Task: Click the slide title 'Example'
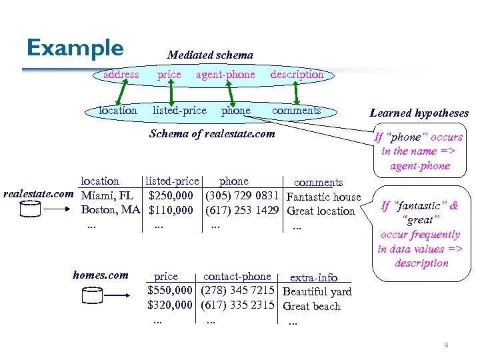[75, 48]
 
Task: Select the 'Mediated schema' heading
[210, 55]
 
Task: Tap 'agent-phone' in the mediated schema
[225, 75]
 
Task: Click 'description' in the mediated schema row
[297, 75]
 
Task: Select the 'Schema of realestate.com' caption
[212, 133]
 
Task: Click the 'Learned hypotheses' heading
[419, 113]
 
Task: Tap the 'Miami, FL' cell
[107, 196]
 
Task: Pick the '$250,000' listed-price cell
[171, 196]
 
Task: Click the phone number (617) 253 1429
[242, 211]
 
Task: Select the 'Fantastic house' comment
[323, 197]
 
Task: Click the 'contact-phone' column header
[237, 277]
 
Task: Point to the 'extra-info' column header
[313, 277]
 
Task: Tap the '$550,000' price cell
[170, 291]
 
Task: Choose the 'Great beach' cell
[311, 307]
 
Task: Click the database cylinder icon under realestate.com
[31, 209]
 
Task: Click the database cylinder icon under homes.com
[93, 295]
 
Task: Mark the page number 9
[446, 345]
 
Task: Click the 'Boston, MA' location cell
[111, 211]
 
